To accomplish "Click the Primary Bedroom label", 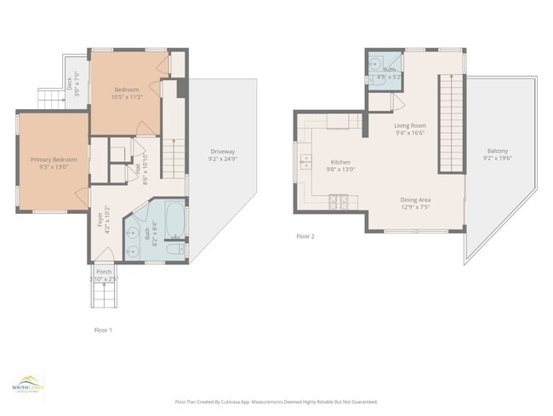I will (53, 159).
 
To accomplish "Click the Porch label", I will (103, 272).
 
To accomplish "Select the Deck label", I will (69, 84).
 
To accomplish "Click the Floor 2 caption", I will (305, 236).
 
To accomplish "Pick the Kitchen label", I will (340, 162).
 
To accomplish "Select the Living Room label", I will (409, 125).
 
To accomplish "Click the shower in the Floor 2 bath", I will (375, 62).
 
